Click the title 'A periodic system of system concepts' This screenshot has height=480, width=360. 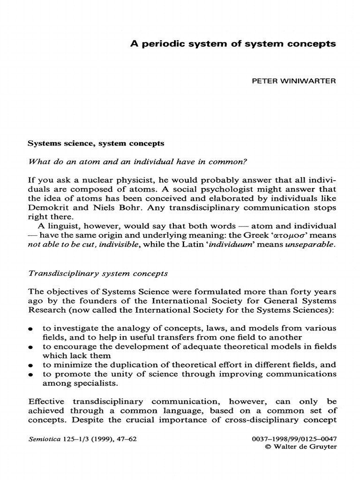pyautogui.click(x=233, y=44)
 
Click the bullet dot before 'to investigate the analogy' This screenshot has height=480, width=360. pyautogui.click(x=30, y=330)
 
